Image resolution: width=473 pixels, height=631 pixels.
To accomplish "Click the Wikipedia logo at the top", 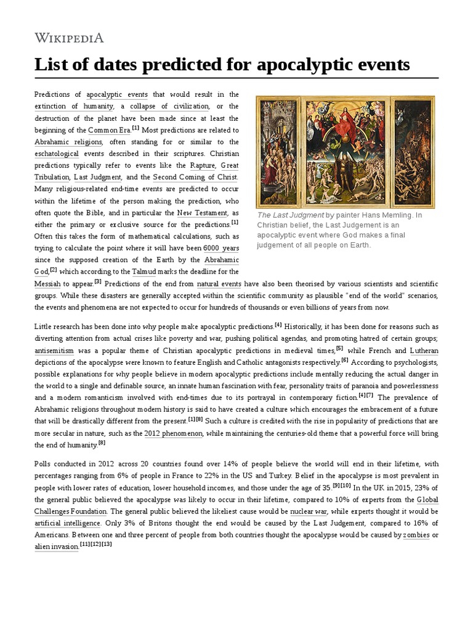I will [69, 38].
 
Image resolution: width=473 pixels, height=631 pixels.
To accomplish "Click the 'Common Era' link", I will [108, 131].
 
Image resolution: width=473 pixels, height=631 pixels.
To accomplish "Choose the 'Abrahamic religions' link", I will [68, 142].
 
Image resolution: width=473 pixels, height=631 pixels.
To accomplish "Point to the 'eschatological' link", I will [56, 154].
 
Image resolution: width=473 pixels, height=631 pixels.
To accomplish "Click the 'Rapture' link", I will [202, 166].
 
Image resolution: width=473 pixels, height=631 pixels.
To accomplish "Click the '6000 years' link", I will [221, 248].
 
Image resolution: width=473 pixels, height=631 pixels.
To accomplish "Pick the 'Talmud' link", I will [144, 272].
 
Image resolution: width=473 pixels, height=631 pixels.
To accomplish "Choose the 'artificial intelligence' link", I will [67, 523].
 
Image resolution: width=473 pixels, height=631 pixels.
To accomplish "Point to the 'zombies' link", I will [416, 535].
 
